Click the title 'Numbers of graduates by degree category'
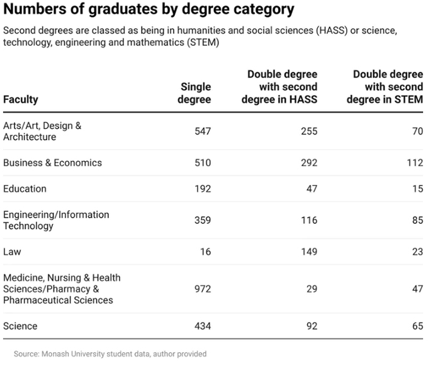coord(149,10)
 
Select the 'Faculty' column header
coord(21,99)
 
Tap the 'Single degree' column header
coord(196,93)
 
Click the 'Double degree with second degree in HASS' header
coord(282,87)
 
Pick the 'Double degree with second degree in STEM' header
coord(387,87)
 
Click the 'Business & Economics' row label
coord(52,163)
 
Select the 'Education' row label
coord(25,189)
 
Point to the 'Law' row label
coord(12,252)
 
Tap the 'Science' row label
coord(20,326)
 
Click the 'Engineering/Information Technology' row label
coord(56,220)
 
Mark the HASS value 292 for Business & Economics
coord(308,163)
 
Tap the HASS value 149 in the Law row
coord(308,252)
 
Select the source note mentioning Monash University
coord(110,354)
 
